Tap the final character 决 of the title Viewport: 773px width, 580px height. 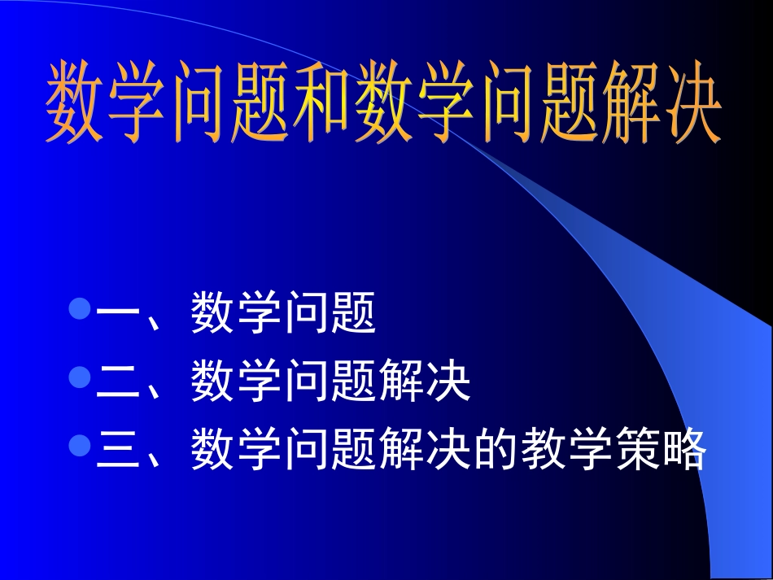pos(688,102)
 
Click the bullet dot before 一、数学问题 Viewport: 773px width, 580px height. pos(80,310)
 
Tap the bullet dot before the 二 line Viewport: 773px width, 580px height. pos(80,378)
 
